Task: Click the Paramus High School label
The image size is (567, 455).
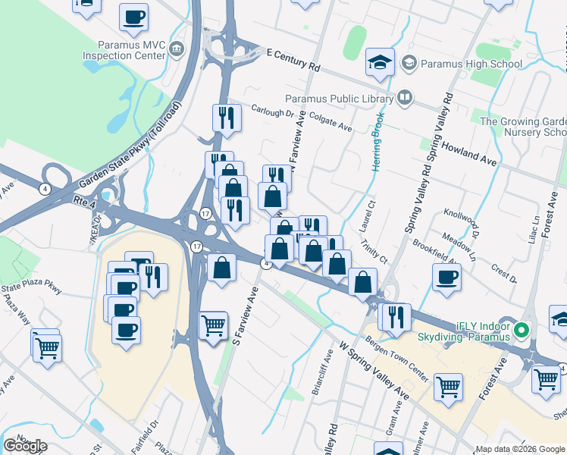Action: pyautogui.click(x=471, y=64)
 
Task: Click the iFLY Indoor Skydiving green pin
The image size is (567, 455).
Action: pyautogui.click(x=521, y=330)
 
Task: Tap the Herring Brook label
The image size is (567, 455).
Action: pyautogui.click(x=376, y=143)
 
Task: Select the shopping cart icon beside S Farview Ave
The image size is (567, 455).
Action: pyautogui.click(x=213, y=325)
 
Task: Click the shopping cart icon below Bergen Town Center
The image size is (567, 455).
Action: pyautogui.click(x=448, y=386)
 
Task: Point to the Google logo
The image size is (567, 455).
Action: pyautogui.click(x=25, y=446)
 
